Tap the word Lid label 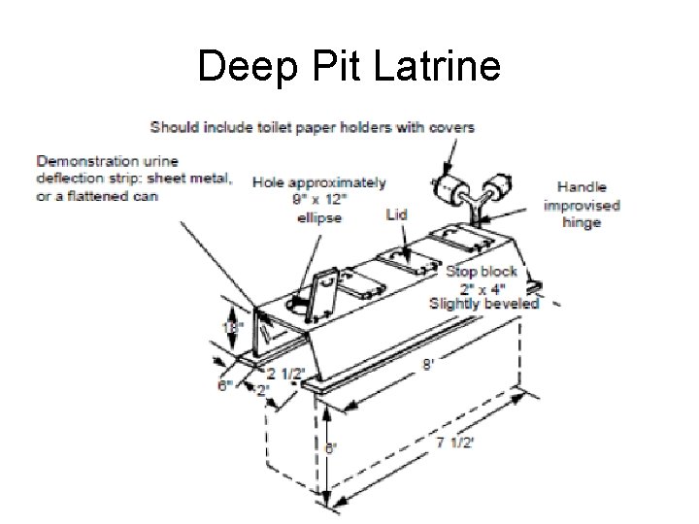click(395, 213)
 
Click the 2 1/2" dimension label click(287, 375)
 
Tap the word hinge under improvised click(582, 222)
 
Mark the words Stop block click(482, 272)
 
